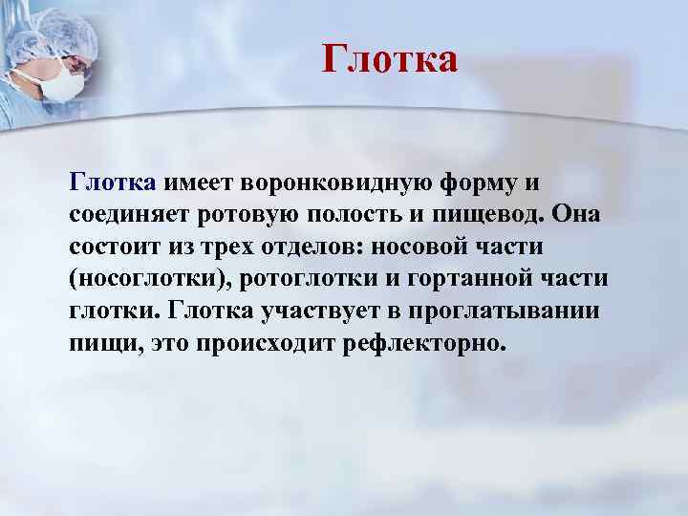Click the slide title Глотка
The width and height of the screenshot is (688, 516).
[x=390, y=59]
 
